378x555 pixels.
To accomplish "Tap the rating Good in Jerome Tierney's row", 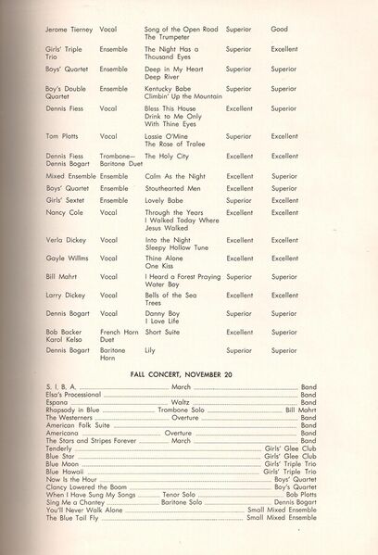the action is point(279,29).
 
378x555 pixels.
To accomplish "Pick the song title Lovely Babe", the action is point(162,200).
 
